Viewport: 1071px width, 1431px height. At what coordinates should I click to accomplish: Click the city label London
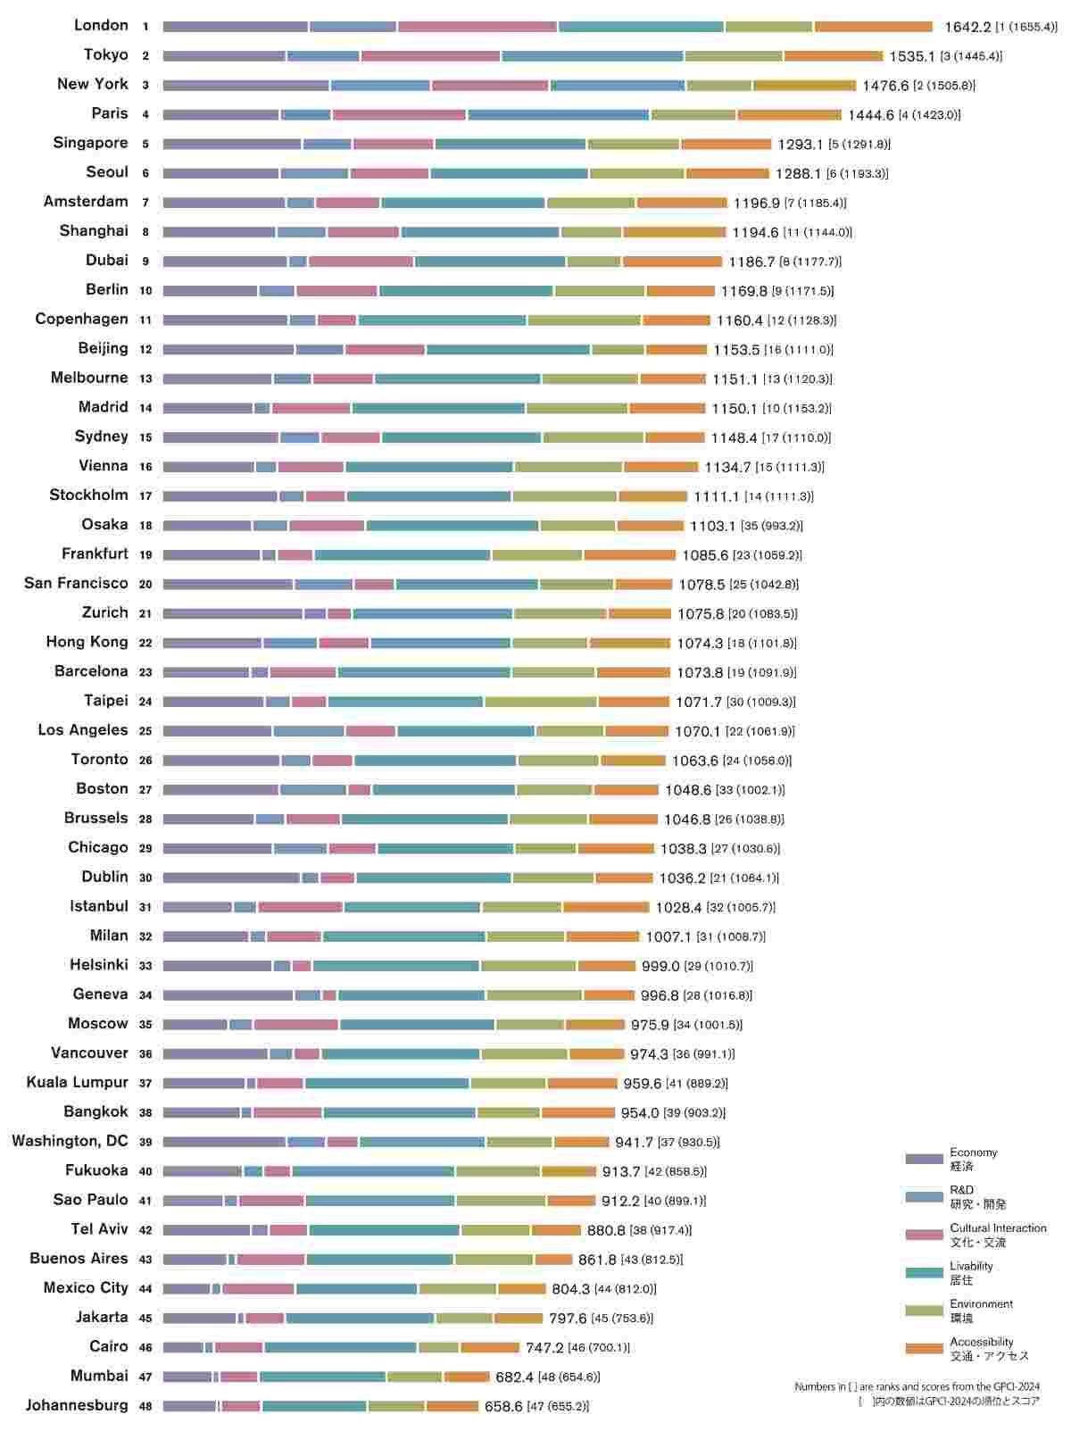click(x=101, y=26)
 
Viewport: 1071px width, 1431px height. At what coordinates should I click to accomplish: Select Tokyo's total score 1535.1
click(x=911, y=56)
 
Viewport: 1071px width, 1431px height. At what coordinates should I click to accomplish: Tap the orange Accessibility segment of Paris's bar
click(x=789, y=115)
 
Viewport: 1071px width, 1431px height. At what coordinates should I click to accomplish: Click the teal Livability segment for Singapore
click(x=511, y=145)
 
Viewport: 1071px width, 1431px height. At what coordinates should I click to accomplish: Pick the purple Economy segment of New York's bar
click(x=245, y=86)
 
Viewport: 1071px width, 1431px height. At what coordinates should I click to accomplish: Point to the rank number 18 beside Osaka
click(x=145, y=526)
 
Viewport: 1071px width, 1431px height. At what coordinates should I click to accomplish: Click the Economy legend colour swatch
click(x=924, y=1159)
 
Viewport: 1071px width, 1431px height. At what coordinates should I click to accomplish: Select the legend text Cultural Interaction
click(x=998, y=1228)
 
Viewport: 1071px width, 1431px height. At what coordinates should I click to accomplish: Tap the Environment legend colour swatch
click(x=924, y=1310)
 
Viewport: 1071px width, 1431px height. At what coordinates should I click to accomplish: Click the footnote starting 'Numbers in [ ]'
click(x=917, y=1386)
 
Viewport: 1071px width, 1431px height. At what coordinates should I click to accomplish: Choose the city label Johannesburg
click(x=77, y=1405)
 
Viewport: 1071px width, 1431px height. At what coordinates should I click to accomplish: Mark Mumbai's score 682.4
click(x=514, y=1377)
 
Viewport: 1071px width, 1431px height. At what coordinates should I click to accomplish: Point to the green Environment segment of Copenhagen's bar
click(x=584, y=320)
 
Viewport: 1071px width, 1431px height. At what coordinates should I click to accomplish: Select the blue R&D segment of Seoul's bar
click(x=314, y=174)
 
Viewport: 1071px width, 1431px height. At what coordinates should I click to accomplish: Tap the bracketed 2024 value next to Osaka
click(x=771, y=527)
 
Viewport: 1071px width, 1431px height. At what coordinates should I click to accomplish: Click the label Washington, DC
click(x=70, y=1141)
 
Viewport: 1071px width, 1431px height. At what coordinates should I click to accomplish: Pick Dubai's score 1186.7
click(x=751, y=262)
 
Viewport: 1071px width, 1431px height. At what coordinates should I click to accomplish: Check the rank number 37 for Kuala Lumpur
click(x=145, y=1083)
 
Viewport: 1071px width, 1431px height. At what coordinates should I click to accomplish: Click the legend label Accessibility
click(x=981, y=1342)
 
